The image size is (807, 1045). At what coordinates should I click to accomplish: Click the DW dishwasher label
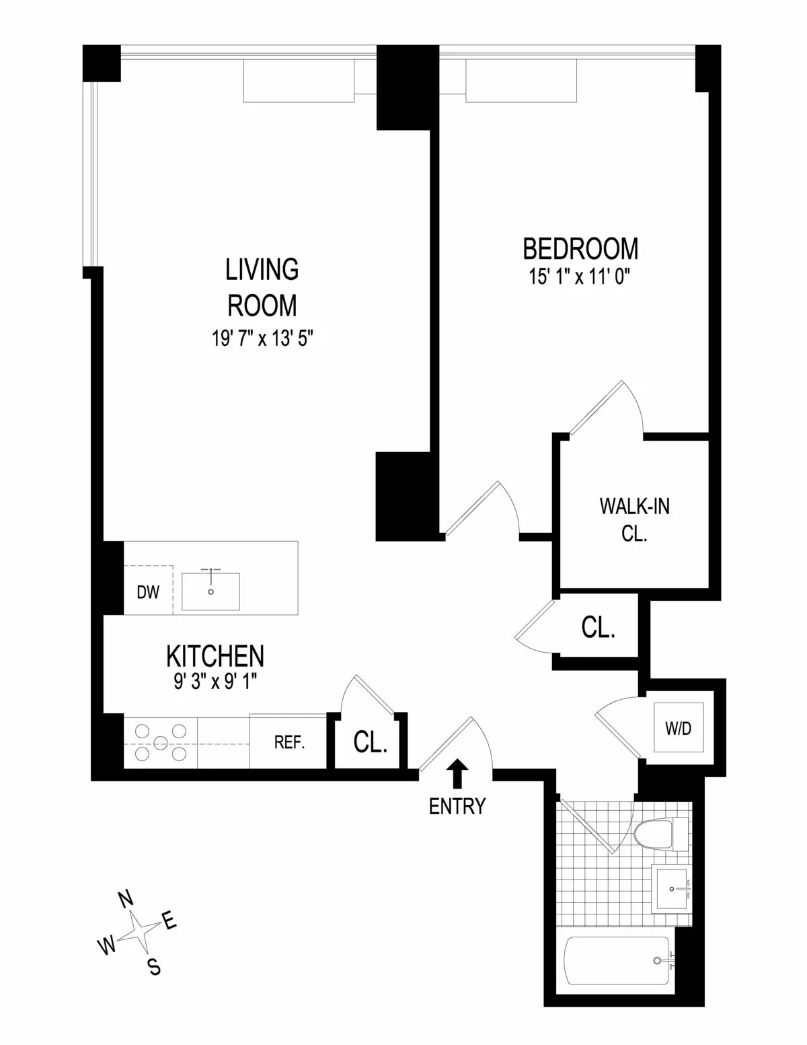[x=148, y=592]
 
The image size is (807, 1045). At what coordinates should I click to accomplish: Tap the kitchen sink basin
[x=210, y=591]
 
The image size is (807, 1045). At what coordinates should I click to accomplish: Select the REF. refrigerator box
[x=289, y=742]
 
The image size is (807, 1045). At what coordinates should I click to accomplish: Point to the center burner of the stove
[x=160, y=742]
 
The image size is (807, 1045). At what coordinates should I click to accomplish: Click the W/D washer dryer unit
[x=679, y=729]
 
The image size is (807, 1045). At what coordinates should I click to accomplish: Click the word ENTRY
[x=457, y=805]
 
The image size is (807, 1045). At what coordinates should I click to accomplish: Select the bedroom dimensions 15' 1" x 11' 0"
[x=581, y=277]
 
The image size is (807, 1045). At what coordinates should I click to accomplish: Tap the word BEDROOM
[x=581, y=248]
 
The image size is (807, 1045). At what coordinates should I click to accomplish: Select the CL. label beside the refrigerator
[x=371, y=742]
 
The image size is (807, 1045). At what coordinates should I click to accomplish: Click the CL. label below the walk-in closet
[x=598, y=628]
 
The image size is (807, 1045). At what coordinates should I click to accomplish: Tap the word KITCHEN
[x=215, y=655]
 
